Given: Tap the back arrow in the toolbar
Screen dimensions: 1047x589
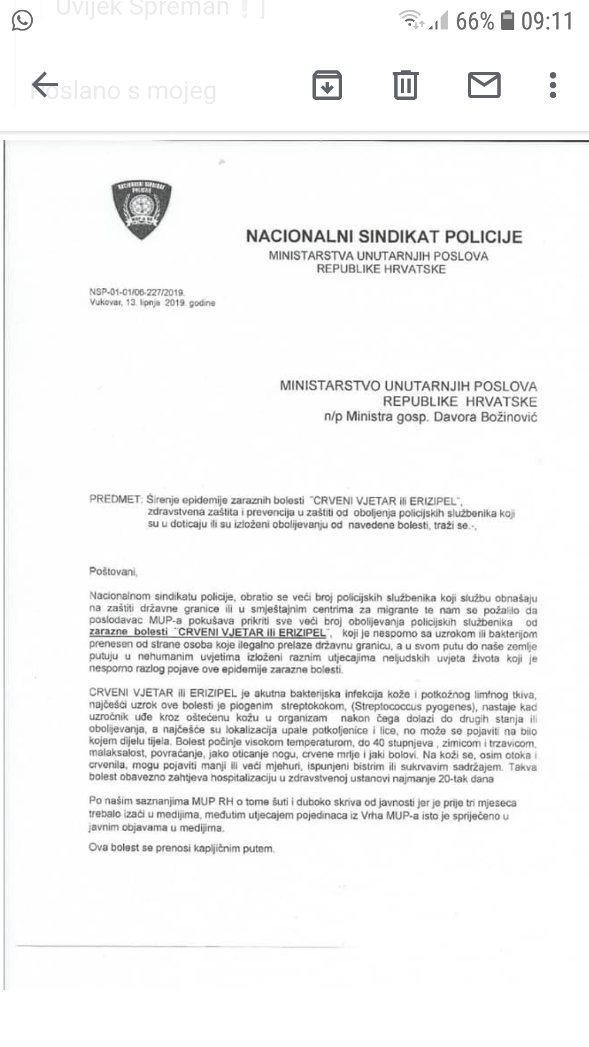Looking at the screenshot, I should point(45,85).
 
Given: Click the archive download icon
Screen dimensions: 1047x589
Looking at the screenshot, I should point(327,85).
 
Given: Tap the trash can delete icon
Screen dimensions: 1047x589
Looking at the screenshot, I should point(405,85).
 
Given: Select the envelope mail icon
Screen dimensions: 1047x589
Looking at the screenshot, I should point(484,85).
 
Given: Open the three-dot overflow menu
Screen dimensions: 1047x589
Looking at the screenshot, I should point(552,85).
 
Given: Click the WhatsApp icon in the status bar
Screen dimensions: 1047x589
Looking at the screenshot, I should point(22,21).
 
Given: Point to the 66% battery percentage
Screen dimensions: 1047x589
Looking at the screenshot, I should point(474,22).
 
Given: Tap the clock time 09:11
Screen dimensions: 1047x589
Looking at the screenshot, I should point(547,22).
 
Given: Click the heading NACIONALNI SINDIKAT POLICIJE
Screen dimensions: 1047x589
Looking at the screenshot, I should point(384,237).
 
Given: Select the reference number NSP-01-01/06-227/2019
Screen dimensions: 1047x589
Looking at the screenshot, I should point(136,292).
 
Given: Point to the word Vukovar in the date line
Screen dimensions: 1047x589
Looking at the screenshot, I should point(106,303).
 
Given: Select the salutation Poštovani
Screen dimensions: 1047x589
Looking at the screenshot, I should point(113,571).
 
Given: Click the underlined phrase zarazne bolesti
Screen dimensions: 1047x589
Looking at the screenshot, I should point(129,632).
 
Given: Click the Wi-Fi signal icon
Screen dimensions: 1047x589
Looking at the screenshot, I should point(411,21).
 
